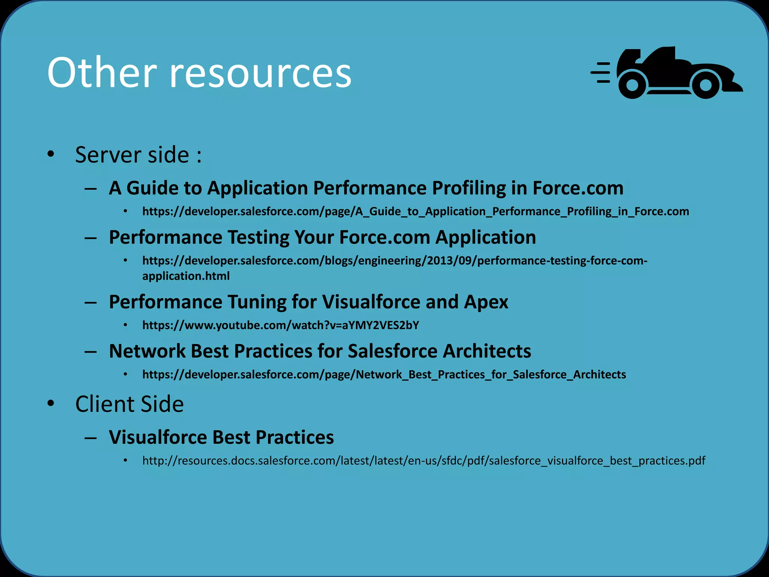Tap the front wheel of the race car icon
706,85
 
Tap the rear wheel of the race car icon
632,85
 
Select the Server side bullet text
138,154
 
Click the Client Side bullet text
129,404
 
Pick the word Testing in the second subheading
258,237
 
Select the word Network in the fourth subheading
147,351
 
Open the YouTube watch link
280,325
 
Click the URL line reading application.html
186,276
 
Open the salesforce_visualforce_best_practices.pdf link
424,461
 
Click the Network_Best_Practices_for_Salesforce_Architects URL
384,375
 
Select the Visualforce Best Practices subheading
221,437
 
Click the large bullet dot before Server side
51,154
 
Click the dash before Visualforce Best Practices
90,438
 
